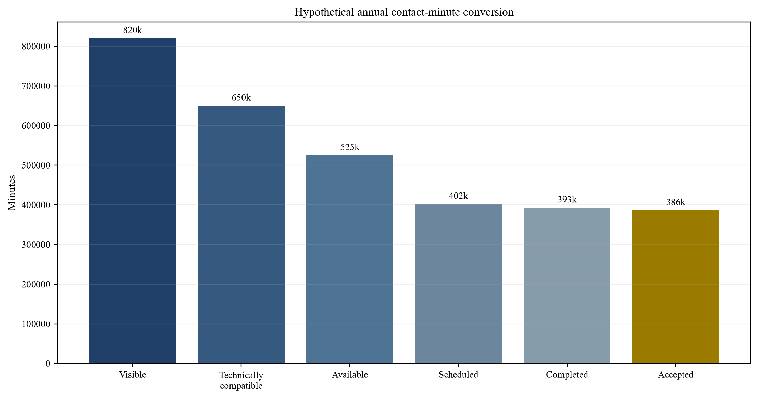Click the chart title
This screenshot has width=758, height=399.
(x=404, y=12)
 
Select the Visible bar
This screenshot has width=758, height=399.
(x=133, y=201)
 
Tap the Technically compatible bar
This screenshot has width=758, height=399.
(x=241, y=235)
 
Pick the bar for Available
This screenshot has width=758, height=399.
(x=350, y=259)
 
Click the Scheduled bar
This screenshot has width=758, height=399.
(x=458, y=284)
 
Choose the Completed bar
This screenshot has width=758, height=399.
(x=567, y=285)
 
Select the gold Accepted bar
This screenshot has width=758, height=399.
(x=676, y=287)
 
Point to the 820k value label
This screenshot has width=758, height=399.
(x=133, y=30)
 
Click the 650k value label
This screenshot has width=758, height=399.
(x=241, y=98)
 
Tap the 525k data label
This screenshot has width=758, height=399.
(x=350, y=147)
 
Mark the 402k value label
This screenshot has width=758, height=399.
(x=458, y=196)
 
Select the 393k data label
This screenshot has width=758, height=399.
(x=567, y=199)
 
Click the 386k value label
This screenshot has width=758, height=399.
(x=676, y=202)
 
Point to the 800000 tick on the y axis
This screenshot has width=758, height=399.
(x=36, y=47)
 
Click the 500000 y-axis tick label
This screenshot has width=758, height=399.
(x=36, y=165)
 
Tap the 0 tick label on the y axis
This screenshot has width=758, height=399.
(x=48, y=364)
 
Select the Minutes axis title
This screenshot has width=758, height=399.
(x=12, y=192)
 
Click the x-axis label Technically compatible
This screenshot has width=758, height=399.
(x=241, y=380)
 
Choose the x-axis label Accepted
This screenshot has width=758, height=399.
(x=676, y=375)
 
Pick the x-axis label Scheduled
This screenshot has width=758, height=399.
(x=458, y=375)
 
